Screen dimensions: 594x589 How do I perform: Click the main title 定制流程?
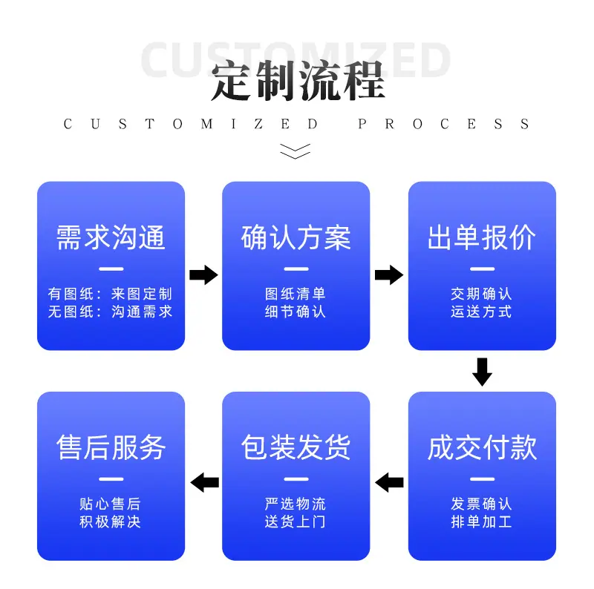click(298, 82)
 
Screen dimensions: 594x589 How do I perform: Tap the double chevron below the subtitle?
click(295, 151)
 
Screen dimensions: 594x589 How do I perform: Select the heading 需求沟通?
click(111, 237)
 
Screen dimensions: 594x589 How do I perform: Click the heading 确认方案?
click(296, 237)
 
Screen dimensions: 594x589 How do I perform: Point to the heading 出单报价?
click(482, 237)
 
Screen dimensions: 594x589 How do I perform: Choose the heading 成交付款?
click(482, 447)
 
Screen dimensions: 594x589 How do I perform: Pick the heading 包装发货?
click(296, 447)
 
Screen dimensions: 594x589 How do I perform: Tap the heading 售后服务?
click(111, 447)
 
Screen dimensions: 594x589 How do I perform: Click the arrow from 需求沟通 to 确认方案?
click(203, 274)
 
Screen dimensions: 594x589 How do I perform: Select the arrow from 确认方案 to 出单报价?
click(389, 274)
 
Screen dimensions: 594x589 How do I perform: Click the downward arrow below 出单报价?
click(482, 372)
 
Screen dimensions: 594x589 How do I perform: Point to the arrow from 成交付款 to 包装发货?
click(389, 482)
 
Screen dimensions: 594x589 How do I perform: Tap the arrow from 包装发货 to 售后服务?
click(205, 482)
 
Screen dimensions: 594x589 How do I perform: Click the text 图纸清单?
click(296, 294)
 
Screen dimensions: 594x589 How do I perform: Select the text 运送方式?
click(481, 312)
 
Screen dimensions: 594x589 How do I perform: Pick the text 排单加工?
click(481, 522)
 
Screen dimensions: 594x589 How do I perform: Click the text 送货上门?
click(296, 522)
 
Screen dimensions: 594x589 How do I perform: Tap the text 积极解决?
click(110, 522)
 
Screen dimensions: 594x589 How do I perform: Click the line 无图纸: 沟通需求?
click(110, 312)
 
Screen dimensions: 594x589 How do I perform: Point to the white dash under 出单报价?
click(482, 269)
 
